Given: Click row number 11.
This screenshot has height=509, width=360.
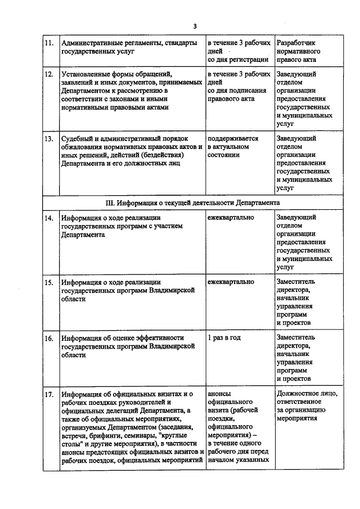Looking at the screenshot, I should point(49,43).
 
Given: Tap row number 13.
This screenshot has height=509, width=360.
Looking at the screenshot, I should point(49,138).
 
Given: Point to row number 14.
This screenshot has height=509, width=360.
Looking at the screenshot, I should point(49,218).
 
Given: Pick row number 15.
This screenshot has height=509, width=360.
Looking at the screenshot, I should point(49,282).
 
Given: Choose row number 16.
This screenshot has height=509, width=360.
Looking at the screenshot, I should point(49,338).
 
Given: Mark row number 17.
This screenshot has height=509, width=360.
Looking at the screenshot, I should point(49,394).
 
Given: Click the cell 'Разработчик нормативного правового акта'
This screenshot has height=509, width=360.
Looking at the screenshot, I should point(299,51).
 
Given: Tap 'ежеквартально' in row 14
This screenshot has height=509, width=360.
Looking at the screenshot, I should point(230,217).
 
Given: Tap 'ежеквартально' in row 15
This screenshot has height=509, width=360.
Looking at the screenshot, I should point(230,282).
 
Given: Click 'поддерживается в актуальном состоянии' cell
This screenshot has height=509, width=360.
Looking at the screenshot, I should point(233,146).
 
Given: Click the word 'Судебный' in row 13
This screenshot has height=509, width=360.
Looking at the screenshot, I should point(78,138).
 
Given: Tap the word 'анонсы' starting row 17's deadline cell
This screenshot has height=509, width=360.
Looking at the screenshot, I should point(219,394).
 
